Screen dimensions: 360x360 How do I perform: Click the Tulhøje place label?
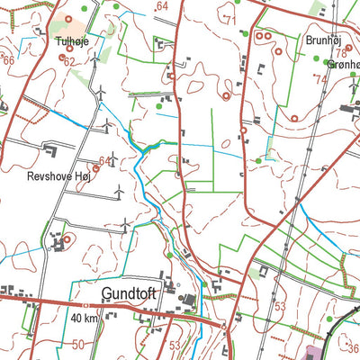coord(73,41)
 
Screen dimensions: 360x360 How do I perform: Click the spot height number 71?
coord(229,20)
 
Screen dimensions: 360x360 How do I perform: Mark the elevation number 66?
coord(8,59)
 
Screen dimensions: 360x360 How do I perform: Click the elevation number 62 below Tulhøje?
coord(69,61)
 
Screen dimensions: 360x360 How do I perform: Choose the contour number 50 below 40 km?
coord(79,345)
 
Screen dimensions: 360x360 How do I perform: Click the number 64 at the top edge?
coord(162,6)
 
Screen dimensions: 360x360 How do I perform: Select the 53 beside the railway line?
coord(280,307)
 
